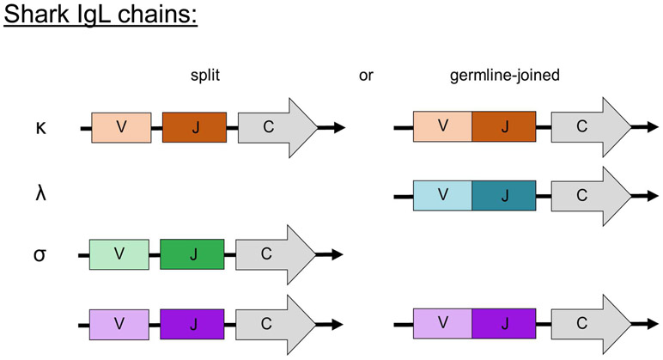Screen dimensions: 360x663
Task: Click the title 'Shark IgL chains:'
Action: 100,17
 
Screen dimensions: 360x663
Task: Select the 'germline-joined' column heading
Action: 504,76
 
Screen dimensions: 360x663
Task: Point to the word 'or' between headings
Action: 365,76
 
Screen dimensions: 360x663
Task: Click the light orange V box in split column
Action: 121,127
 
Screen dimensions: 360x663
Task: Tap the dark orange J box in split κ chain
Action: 194,127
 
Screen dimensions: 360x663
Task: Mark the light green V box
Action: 119,254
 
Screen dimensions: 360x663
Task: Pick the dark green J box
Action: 192,254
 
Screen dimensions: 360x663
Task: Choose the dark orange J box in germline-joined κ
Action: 503,127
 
